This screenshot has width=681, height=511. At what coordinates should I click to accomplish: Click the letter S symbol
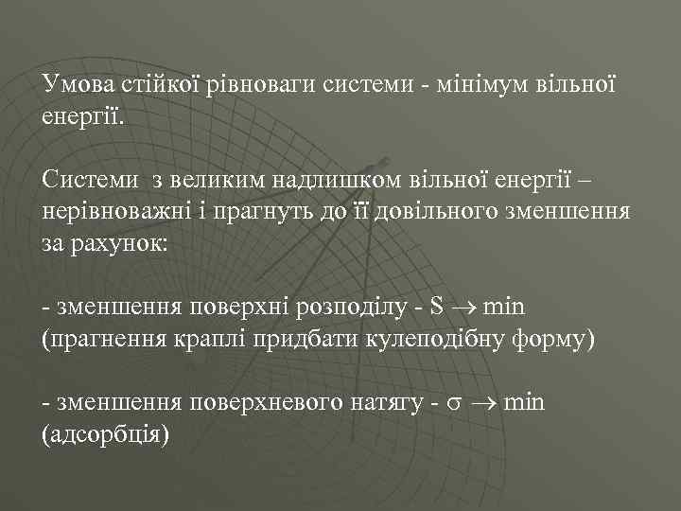pyautogui.click(x=436, y=308)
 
